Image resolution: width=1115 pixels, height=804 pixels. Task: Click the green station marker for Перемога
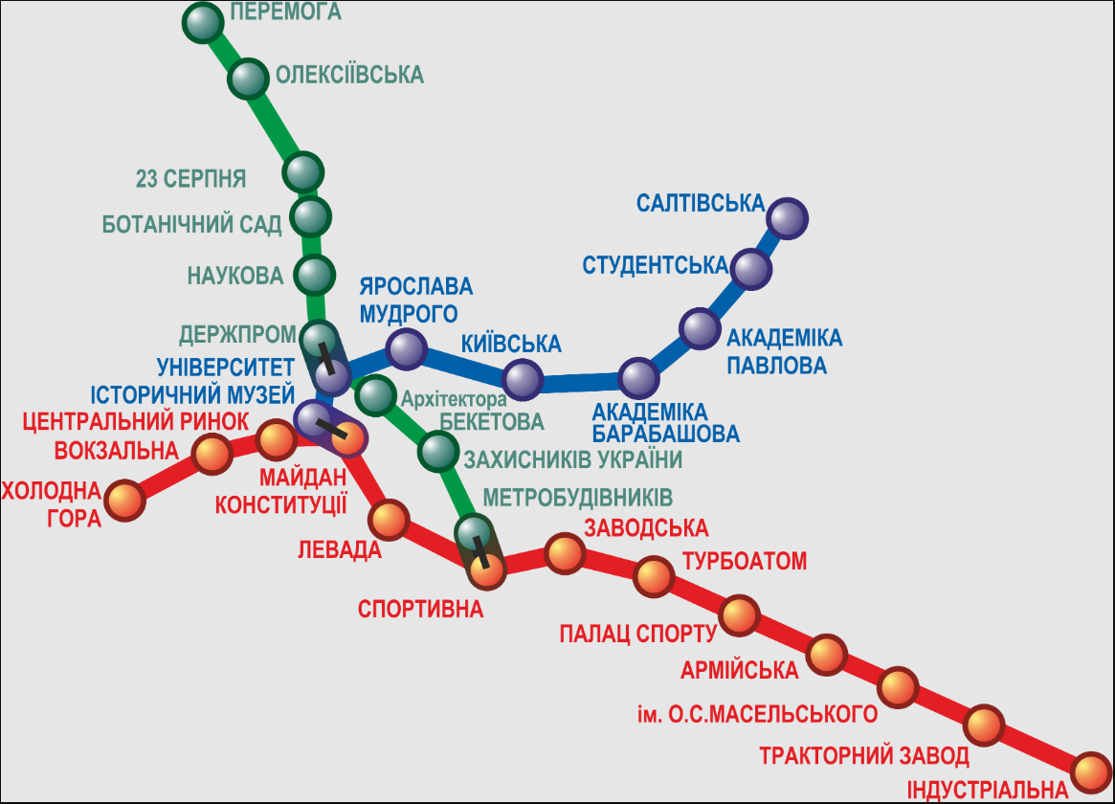click(x=203, y=23)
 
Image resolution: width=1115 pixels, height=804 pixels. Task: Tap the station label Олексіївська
click(x=348, y=75)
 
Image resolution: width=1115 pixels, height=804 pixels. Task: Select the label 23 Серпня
click(x=191, y=178)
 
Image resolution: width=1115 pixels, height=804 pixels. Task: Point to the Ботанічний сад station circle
click(x=309, y=216)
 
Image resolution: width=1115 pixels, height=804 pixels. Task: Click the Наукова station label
click(x=235, y=276)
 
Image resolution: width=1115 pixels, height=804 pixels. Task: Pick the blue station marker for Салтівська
click(x=787, y=218)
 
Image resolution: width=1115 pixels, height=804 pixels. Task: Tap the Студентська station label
click(x=655, y=264)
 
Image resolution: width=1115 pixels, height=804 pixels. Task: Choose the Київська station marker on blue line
click(x=523, y=380)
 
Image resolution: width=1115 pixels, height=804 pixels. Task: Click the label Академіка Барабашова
click(x=666, y=422)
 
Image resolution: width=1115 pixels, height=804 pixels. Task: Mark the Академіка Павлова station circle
click(x=700, y=329)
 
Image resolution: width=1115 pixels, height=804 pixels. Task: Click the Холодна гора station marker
click(x=124, y=500)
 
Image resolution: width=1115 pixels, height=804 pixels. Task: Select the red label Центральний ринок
click(x=135, y=421)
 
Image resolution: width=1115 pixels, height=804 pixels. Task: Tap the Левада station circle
click(x=388, y=519)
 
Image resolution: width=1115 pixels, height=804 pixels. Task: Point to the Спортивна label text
click(x=421, y=608)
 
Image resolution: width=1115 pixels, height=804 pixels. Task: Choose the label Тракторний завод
click(x=864, y=756)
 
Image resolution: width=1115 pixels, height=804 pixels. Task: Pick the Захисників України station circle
click(x=438, y=452)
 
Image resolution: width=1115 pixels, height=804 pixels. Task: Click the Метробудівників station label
click(x=577, y=498)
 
